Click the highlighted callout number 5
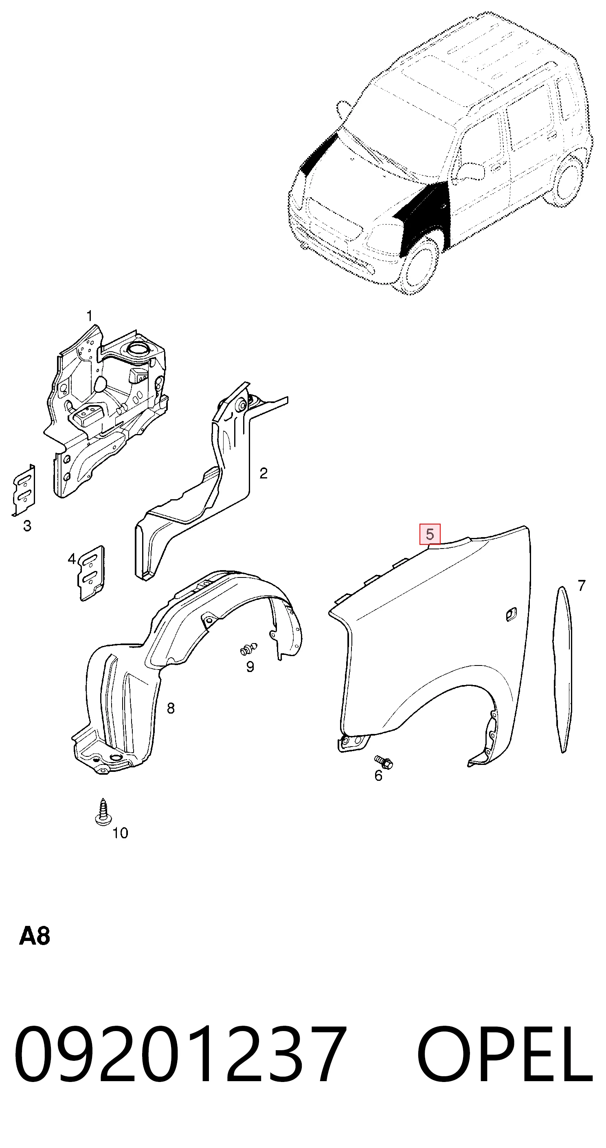click(430, 534)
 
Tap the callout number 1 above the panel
click(90, 316)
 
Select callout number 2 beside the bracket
click(263, 473)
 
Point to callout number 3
click(27, 526)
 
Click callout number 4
click(72, 558)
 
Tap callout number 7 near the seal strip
click(582, 585)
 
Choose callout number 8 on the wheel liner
click(171, 708)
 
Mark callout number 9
click(250, 667)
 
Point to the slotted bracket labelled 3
click(24, 490)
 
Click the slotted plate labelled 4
click(91, 573)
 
